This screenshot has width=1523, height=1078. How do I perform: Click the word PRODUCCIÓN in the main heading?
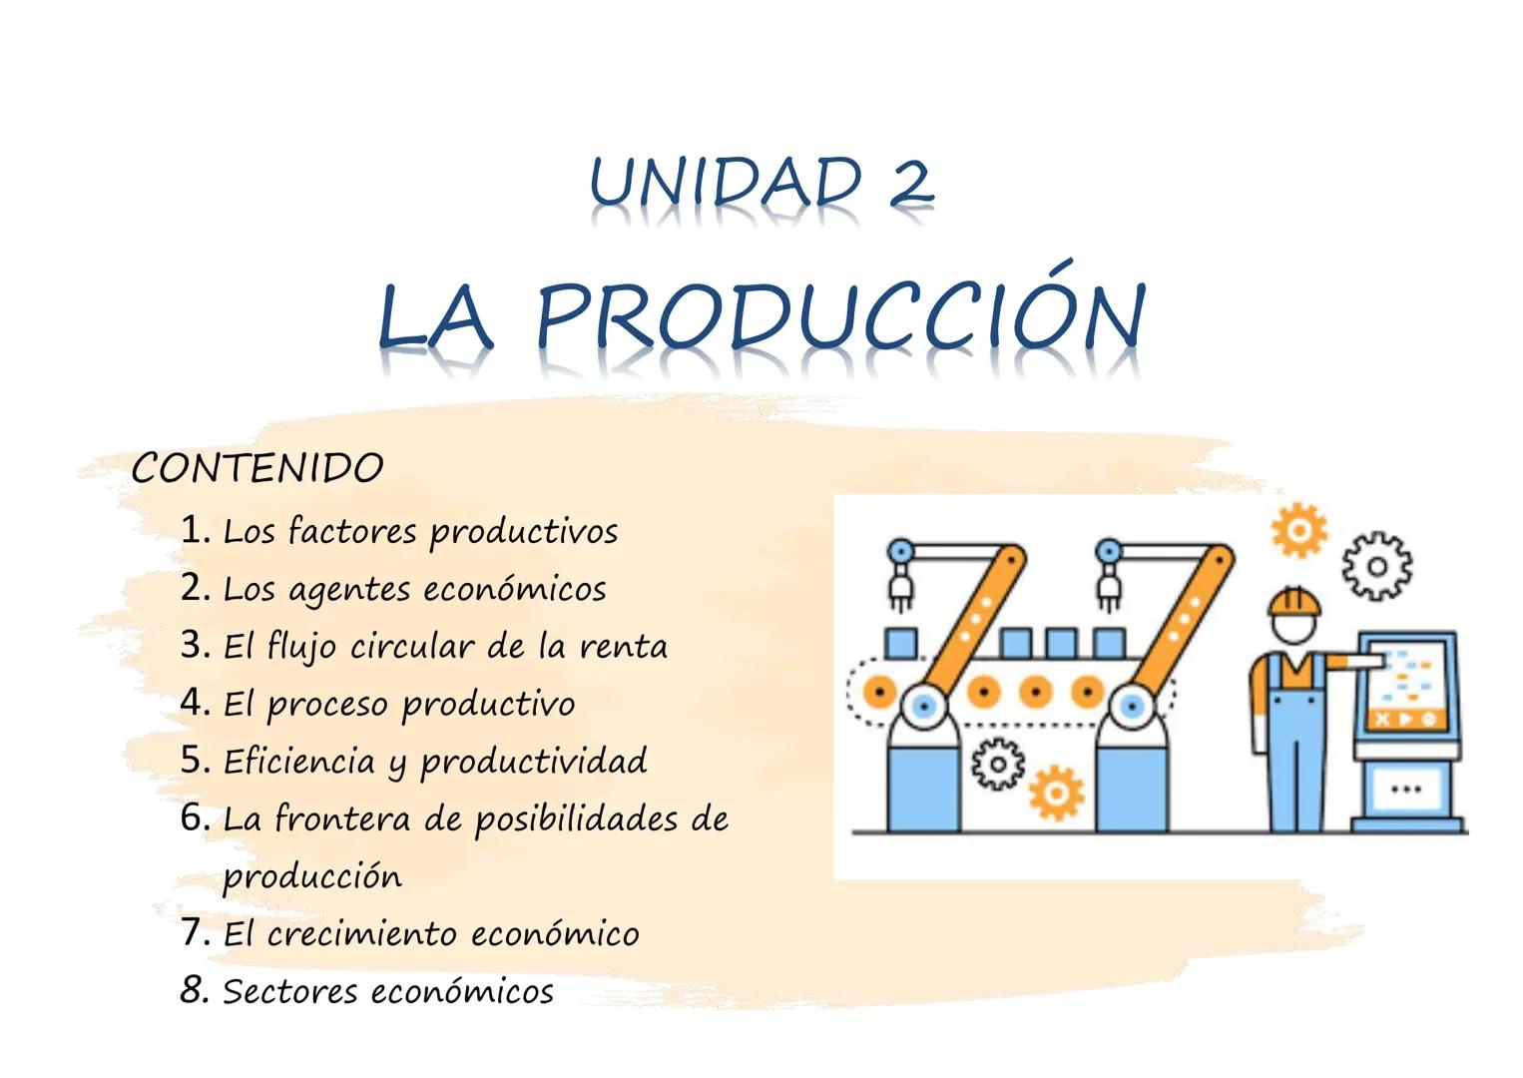click(840, 317)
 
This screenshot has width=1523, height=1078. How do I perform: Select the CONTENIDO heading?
click(257, 468)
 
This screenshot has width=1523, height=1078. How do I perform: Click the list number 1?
click(195, 529)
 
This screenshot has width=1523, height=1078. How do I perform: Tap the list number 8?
click(194, 990)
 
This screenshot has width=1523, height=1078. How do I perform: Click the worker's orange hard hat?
click(1293, 601)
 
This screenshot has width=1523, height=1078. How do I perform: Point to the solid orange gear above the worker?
click(1298, 530)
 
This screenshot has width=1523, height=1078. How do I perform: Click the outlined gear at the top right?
click(1376, 567)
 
